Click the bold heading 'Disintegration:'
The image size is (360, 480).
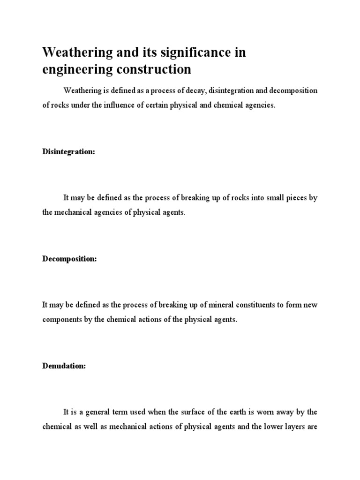point(68,152)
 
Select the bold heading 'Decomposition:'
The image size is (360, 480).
point(69,259)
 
